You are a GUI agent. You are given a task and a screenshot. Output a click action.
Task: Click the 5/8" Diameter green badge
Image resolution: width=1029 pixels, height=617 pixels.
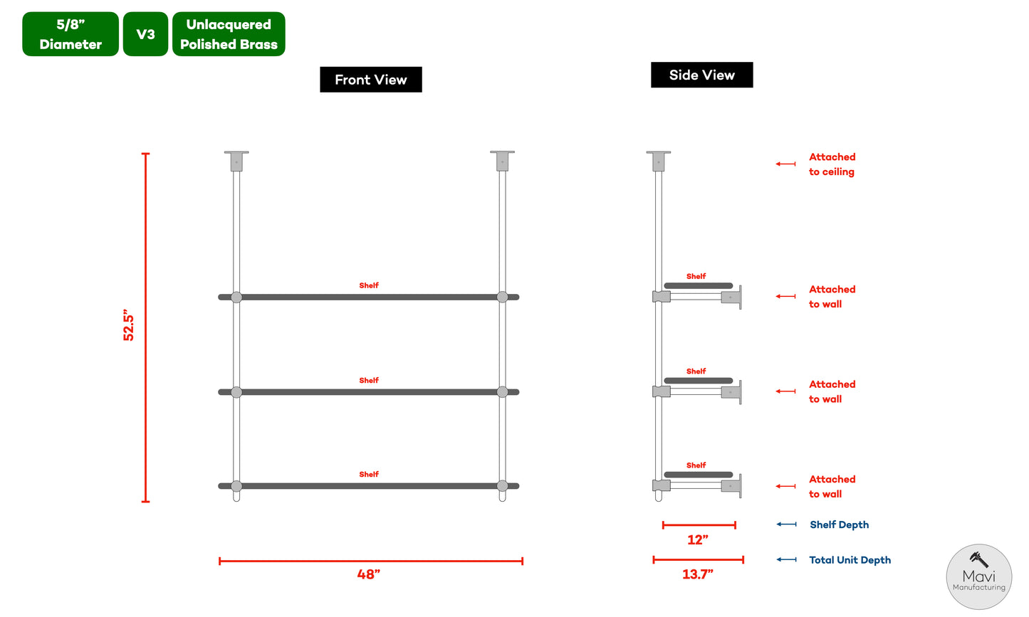coord(70,34)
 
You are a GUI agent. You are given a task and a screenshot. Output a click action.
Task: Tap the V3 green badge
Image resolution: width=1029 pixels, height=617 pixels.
coord(145,34)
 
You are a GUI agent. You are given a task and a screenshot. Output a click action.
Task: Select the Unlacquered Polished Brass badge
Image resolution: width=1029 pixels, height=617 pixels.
coord(229,34)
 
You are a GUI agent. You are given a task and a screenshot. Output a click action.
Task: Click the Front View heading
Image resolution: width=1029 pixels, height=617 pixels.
coord(370,80)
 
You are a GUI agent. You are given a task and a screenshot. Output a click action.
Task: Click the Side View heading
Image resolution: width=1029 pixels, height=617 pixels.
coord(701,75)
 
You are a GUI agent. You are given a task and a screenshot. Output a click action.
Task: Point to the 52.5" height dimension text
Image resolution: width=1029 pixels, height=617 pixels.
coord(129,325)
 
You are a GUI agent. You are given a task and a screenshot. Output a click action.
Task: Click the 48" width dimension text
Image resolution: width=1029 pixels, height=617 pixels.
coord(369,574)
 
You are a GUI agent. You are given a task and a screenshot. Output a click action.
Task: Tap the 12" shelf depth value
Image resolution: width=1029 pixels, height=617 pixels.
coord(698,540)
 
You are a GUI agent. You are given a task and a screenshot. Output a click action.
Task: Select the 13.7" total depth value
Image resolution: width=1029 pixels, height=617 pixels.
coord(697,574)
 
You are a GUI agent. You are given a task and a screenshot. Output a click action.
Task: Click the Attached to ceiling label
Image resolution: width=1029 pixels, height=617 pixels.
coord(832,164)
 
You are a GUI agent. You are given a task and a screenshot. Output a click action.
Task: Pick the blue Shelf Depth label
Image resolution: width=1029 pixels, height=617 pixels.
coord(839,524)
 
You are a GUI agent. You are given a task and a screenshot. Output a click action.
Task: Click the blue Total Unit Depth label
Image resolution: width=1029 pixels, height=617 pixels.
coord(850,560)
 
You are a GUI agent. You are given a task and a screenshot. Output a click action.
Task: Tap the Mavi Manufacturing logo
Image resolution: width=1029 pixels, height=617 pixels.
coord(978,576)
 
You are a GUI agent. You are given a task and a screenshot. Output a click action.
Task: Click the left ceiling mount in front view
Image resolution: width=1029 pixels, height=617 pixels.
coord(236,161)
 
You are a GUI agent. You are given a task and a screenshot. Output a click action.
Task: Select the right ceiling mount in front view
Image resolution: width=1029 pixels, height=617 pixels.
coord(502,161)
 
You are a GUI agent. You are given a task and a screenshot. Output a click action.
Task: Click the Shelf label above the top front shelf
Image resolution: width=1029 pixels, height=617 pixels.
coord(369,285)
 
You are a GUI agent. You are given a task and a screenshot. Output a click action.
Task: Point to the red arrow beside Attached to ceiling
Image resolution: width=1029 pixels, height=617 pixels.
coord(785,164)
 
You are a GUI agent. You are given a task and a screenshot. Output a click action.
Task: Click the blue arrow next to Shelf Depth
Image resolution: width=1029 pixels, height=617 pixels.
coord(786,524)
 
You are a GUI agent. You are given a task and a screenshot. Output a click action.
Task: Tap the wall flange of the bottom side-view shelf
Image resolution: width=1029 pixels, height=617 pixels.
coord(739,486)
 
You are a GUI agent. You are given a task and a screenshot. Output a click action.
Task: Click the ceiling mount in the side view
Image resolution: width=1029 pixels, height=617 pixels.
coord(659,161)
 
